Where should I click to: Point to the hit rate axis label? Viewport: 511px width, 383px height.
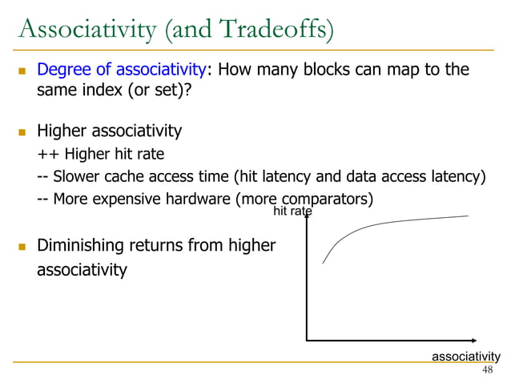tap(292, 212)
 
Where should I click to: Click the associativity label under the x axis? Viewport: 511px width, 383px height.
tap(466, 356)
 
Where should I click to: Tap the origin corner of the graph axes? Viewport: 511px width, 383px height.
tap(307, 340)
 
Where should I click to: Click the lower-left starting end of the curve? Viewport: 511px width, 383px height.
tap(324, 263)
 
